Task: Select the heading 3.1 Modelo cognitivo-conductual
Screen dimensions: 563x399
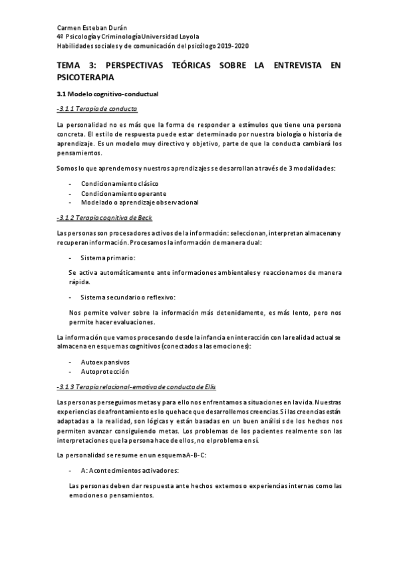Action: [107, 94]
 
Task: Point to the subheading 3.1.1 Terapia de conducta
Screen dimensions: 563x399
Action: [98, 108]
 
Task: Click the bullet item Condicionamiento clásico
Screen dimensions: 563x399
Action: [120, 183]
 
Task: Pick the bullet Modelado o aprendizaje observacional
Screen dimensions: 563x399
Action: [140, 202]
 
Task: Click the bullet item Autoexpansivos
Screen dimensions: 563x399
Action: [105, 362]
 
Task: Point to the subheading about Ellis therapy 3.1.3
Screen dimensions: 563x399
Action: [138, 386]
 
